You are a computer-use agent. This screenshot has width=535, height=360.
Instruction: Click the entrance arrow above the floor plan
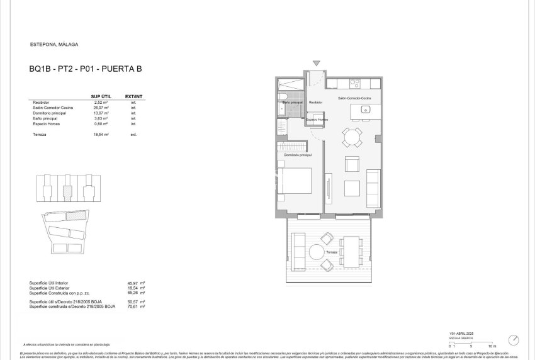317,63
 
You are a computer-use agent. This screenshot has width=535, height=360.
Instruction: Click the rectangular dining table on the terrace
351,250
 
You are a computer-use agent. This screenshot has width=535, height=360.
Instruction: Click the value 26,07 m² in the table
101,107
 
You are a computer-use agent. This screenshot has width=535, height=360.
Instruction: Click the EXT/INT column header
134,96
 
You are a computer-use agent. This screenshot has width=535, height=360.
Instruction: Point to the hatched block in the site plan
77,215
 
